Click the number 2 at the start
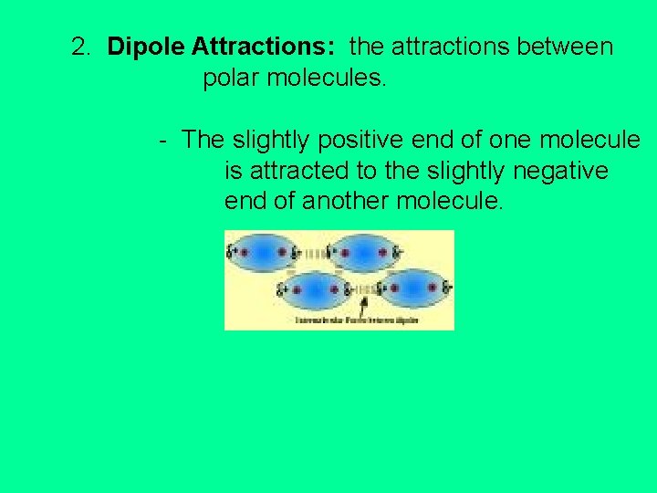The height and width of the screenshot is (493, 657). point(80,47)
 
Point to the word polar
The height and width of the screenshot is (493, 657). point(232,79)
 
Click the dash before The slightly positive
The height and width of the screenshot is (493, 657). point(161,141)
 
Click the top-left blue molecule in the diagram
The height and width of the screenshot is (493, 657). point(264,251)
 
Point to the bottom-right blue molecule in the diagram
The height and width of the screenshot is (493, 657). point(415,288)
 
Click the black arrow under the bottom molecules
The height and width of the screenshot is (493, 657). point(364,307)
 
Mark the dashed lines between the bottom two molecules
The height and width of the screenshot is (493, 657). point(365,288)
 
